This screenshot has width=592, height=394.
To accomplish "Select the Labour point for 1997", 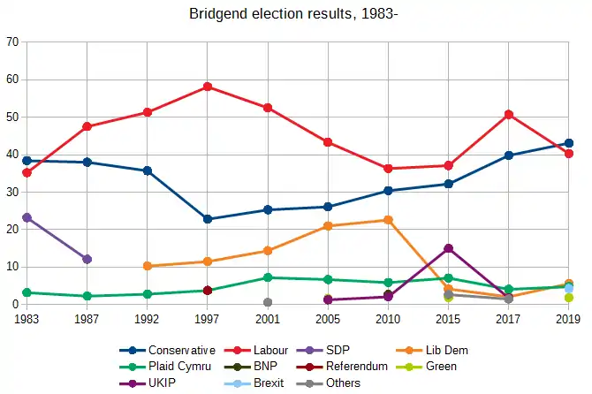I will [208, 87].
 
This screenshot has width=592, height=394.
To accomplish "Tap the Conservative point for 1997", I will [208, 219].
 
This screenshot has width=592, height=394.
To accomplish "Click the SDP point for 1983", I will [27, 217].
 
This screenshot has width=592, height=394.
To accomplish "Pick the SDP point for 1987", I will [87, 259].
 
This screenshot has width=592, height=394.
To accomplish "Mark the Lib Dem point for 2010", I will [388, 219].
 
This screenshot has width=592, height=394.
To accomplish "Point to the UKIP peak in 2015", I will [449, 248].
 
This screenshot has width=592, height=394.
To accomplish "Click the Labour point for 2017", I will [509, 114].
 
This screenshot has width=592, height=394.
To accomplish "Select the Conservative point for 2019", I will [569, 143].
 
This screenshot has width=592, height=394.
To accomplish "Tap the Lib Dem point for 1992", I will [148, 266].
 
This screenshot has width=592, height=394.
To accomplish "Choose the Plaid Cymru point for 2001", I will [268, 277].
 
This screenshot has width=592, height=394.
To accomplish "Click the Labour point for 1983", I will [27, 172].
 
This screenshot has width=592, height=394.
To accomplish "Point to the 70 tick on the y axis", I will [12, 42].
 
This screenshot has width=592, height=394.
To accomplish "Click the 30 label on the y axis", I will [12, 192].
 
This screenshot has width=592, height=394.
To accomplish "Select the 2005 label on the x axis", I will [328, 320].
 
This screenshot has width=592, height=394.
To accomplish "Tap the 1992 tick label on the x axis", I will [148, 320].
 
